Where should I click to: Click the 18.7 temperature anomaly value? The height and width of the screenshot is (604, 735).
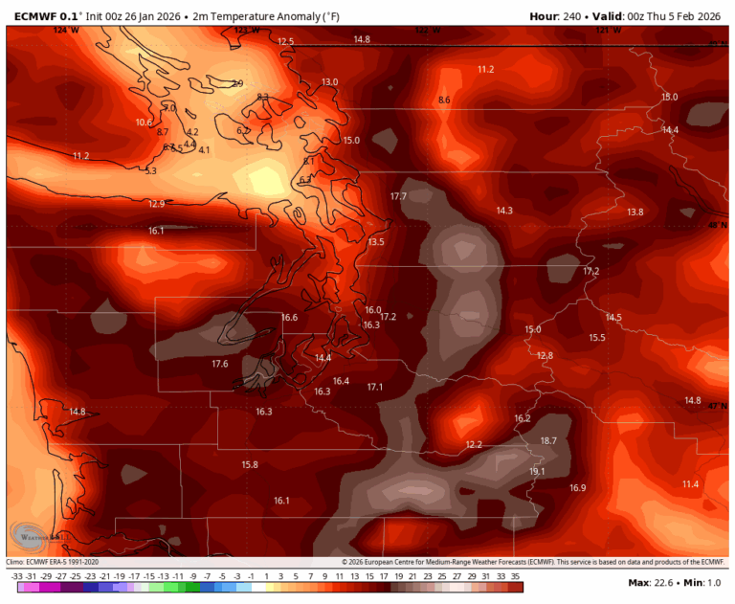click(x=548, y=440)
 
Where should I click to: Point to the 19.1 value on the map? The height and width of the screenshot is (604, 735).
click(x=537, y=471)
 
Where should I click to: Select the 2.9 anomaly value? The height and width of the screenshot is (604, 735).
click(x=237, y=84)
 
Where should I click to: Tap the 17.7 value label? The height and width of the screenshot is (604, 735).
click(x=398, y=196)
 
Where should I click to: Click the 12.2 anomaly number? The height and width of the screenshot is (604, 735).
click(x=474, y=444)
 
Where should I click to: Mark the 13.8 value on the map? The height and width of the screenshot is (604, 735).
click(x=635, y=212)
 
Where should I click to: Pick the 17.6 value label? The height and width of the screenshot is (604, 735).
click(x=220, y=364)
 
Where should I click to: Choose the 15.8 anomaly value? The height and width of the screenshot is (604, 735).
click(x=250, y=464)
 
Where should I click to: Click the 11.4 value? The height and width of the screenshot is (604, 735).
click(x=690, y=484)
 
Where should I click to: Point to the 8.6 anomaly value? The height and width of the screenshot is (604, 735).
click(x=444, y=100)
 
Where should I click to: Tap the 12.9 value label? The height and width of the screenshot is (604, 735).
click(x=157, y=204)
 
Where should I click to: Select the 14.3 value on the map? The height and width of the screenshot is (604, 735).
click(x=504, y=211)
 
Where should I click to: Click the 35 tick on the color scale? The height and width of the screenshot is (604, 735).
click(x=516, y=575)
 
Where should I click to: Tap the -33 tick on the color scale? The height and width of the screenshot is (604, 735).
click(x=17, y=575)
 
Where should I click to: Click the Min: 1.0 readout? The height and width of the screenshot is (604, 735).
click(x=705, y=583)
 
